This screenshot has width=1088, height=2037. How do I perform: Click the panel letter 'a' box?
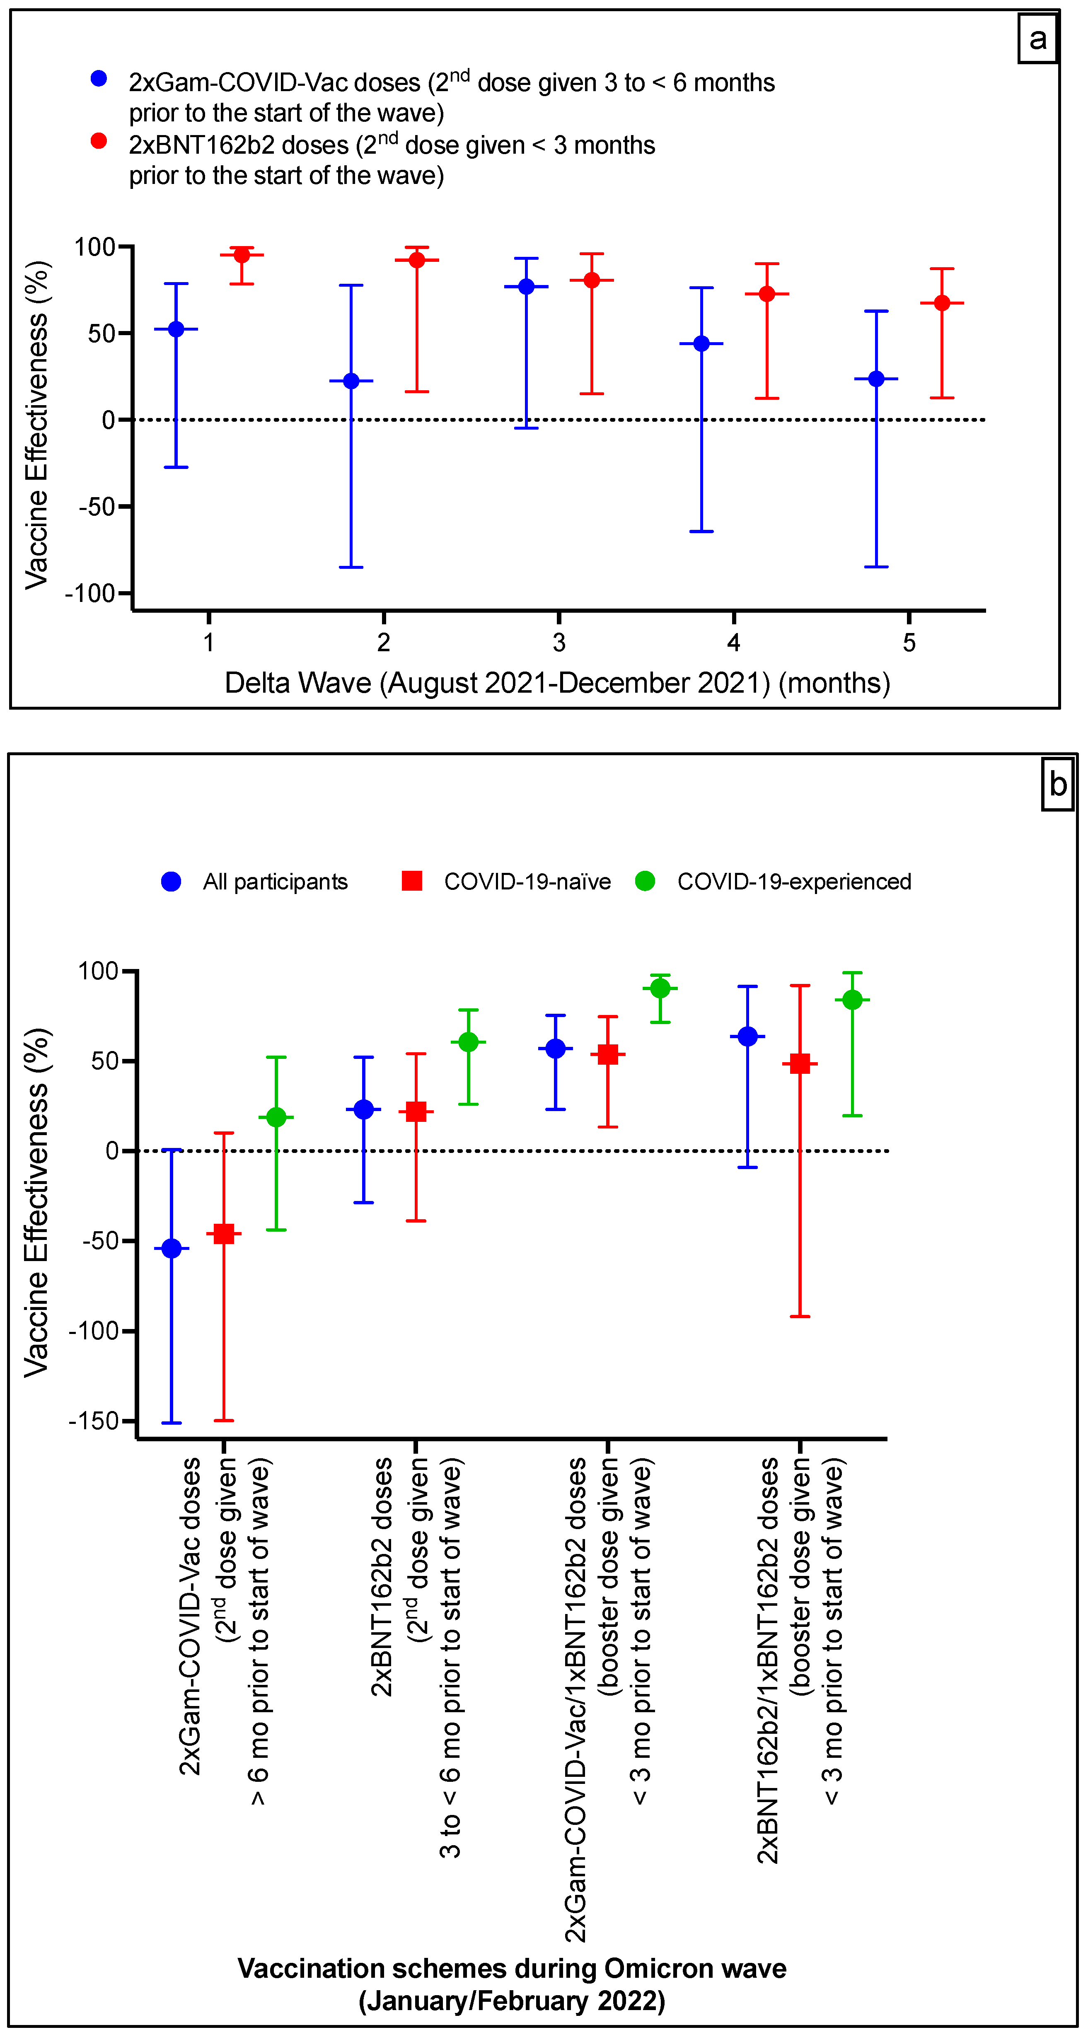click(x=1037, y=38)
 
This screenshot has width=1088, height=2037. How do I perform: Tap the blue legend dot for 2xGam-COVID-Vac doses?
click(x=99, y=78)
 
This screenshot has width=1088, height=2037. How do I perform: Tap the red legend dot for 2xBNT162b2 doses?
click(x=99, y=141)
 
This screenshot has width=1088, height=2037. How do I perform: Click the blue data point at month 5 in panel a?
click(x=876, y=379)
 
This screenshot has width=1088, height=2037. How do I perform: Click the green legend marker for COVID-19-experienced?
click(x=645, y=881)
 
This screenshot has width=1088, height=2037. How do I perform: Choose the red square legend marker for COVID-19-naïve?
click(x=412, y=881)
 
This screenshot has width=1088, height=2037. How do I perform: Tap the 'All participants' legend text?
click(x=275, y=882)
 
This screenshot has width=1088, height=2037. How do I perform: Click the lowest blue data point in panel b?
click(x=172, y=1249)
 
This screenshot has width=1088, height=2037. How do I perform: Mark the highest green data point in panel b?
click(x=660, y=988)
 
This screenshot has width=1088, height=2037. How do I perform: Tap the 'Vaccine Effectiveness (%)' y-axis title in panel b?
click(x=36, y=1202)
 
